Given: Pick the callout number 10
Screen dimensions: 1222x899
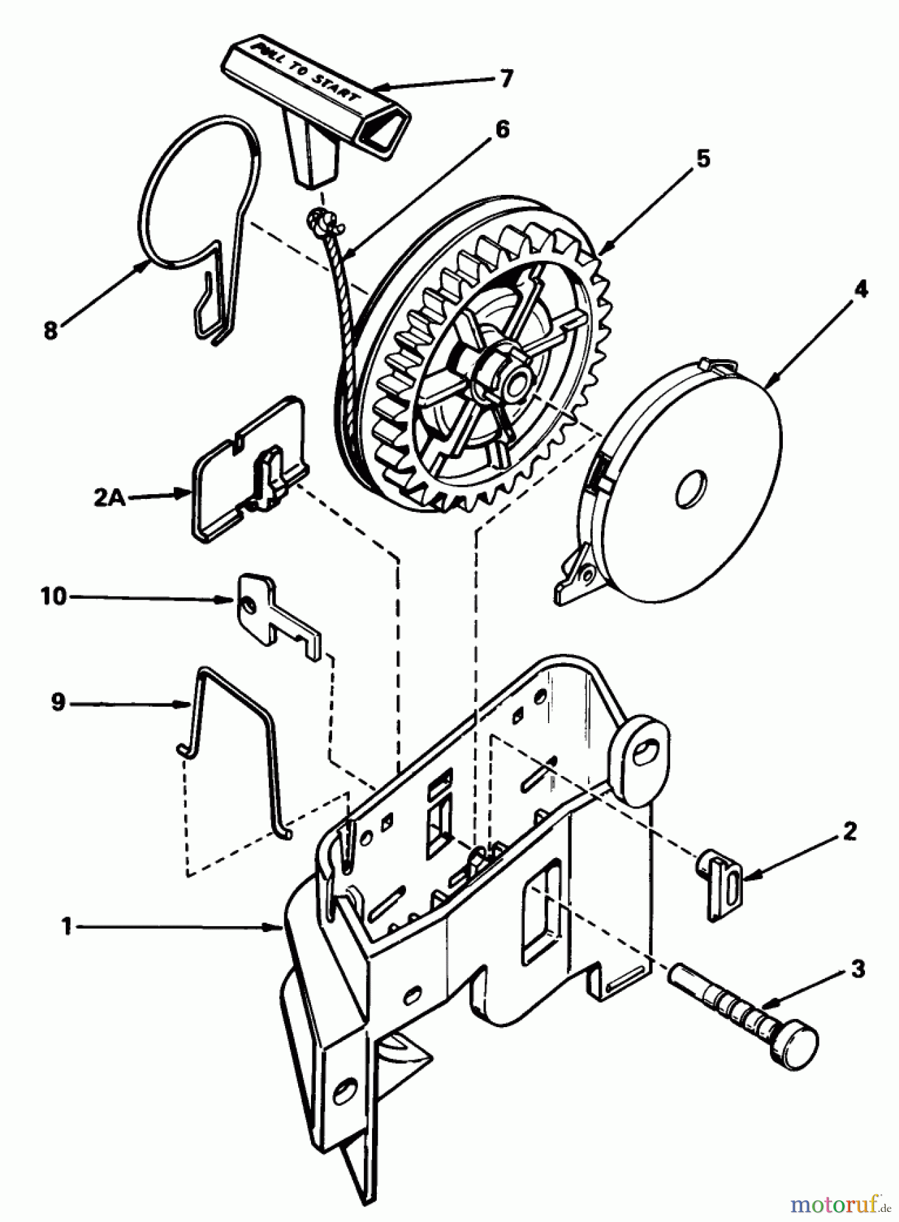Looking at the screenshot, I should tap(53, 597).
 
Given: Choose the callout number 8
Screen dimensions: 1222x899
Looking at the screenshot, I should tap(50, 332).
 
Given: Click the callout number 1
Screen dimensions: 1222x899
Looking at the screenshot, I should tap(66, 926).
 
